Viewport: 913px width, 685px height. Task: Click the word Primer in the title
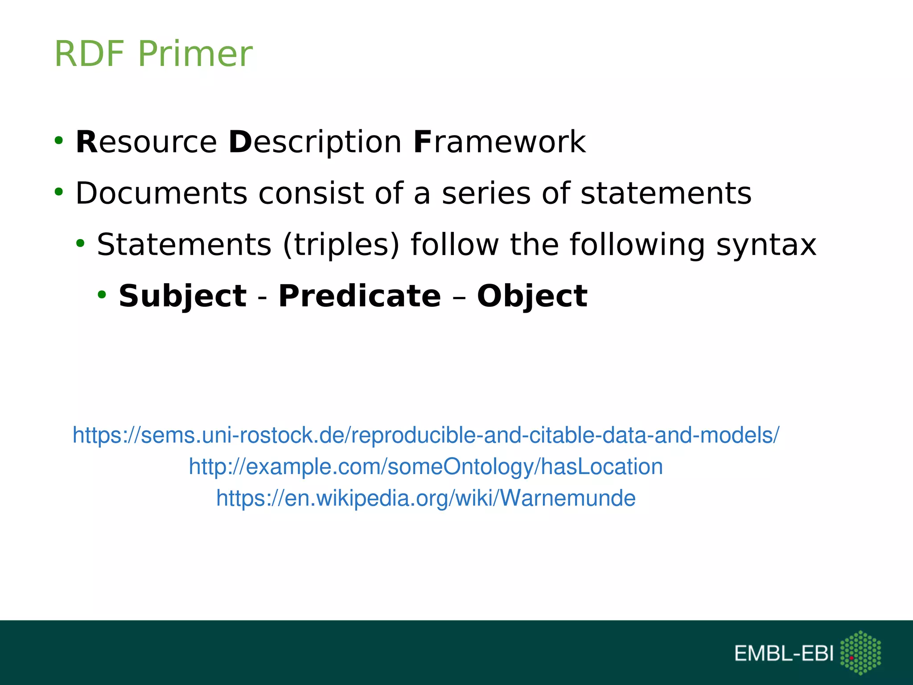point(195,54)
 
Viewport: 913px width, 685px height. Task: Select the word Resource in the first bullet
point(146,142)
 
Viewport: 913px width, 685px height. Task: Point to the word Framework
point(499,142)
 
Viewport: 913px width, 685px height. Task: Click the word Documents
point(161,194)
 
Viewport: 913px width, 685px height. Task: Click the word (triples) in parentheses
point(341,245)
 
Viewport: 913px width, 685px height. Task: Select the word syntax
point(766,245)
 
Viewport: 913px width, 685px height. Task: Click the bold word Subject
point(182,296)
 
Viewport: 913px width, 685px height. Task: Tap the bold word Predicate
point(359,296)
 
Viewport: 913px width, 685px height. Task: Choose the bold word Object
point(532,296)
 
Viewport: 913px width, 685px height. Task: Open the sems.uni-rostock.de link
point(426,435)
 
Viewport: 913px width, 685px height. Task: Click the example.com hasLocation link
point(426,466)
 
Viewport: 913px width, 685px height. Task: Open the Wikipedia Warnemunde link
point(426,498)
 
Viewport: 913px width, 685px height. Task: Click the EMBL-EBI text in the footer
point(783,653)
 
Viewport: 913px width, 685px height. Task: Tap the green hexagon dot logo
point(860,652)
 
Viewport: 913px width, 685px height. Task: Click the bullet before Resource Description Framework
point(58,141)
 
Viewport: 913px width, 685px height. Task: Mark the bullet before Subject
point(102,295)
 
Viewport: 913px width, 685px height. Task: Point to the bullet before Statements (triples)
point(80,243)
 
